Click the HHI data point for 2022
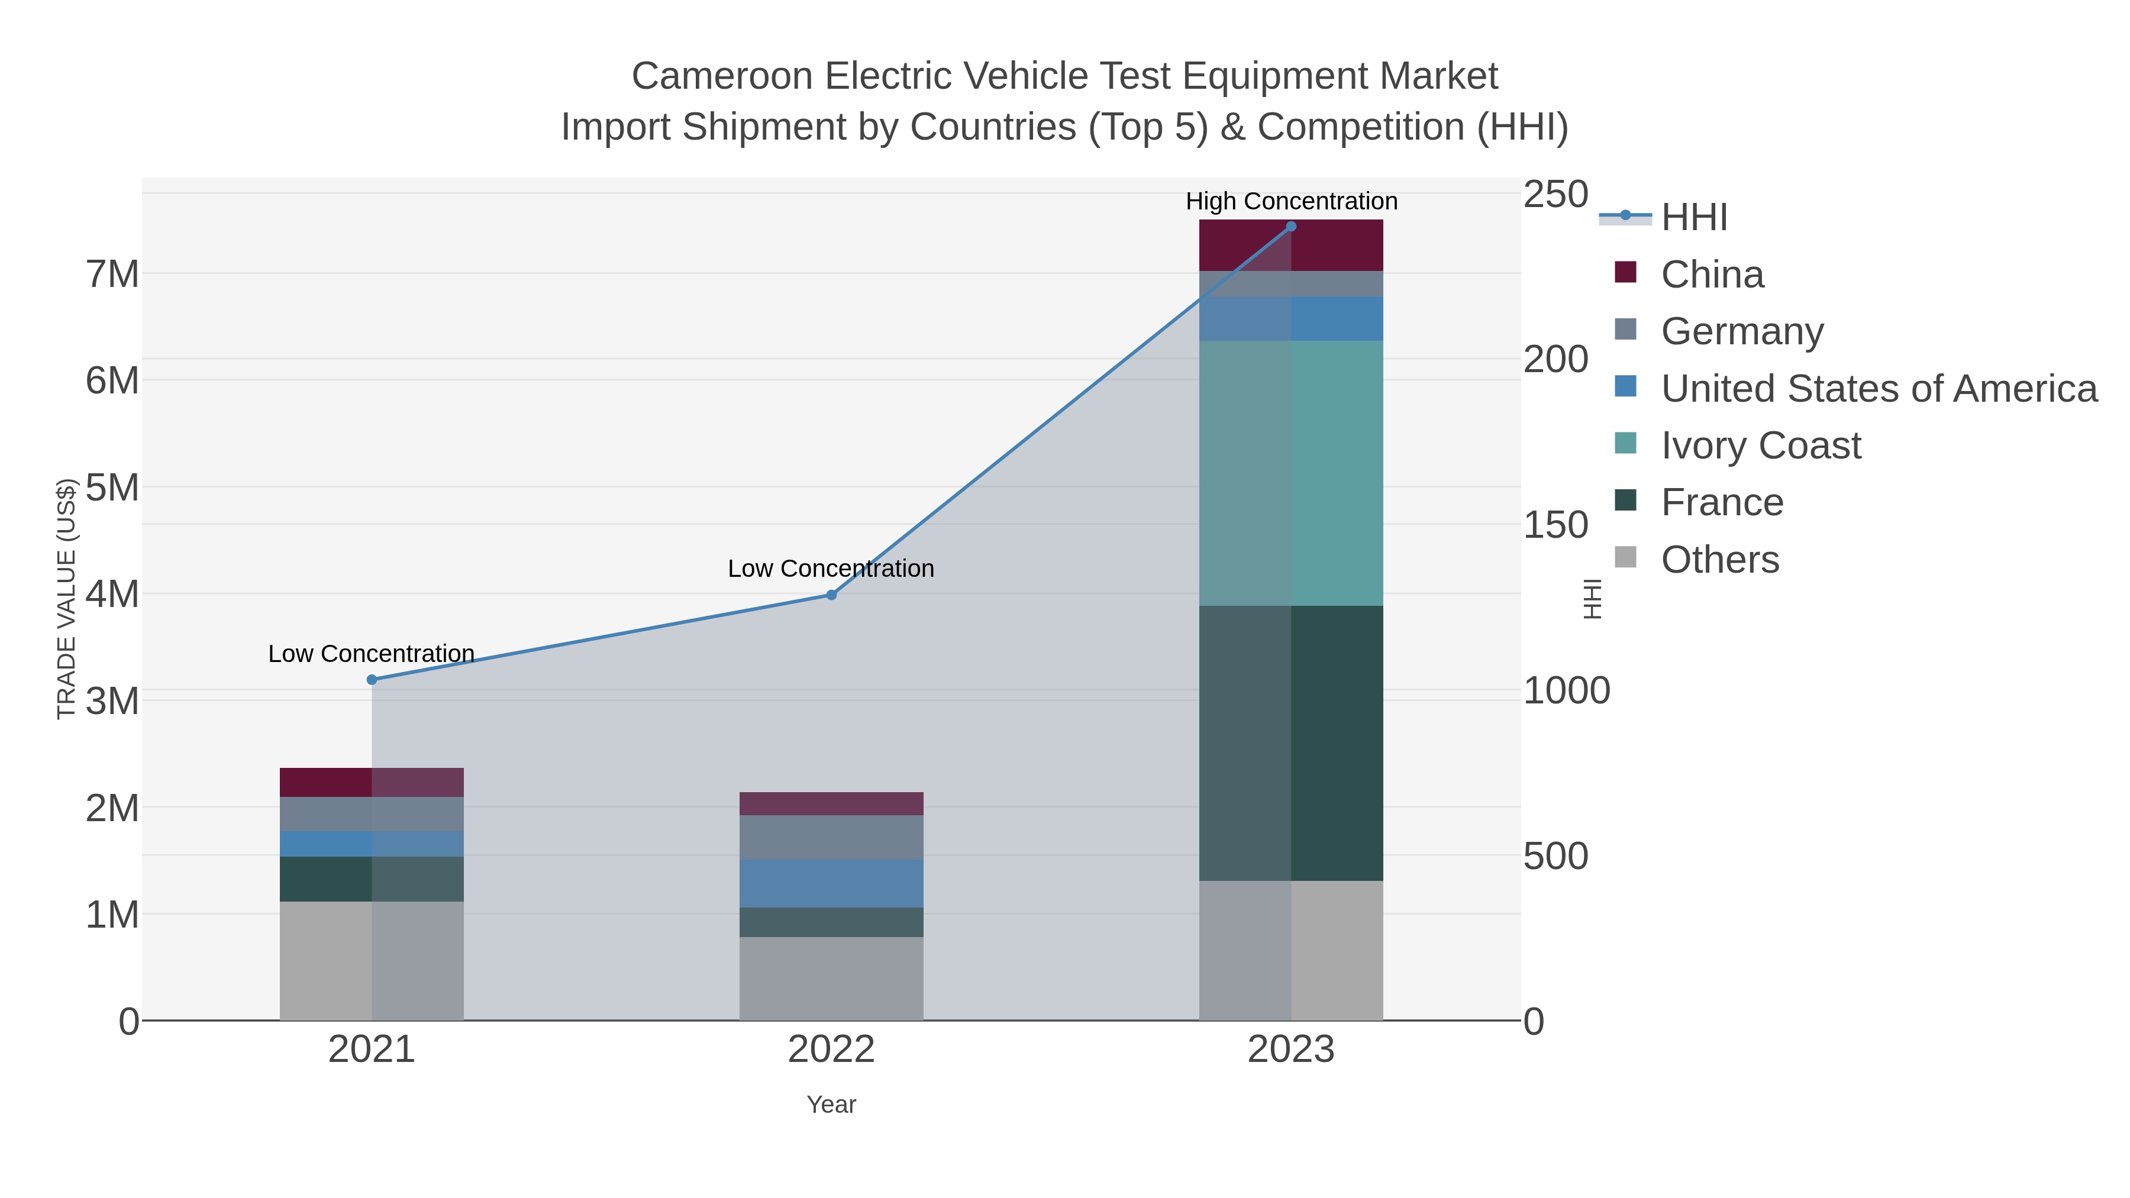[x=831, y=595]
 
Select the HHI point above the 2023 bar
[x=1291, y=227]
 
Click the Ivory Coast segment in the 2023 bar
[x=1291, y=473]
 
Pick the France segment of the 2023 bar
[x=1291, y=742]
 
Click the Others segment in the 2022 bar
[x=831, y=978]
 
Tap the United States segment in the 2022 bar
[x=831, y=883]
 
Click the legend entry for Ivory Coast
[x=1761, y=445]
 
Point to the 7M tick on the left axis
[x=112, y=275]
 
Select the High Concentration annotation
[x=1291, y=201]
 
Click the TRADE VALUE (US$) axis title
[x=66, y=599]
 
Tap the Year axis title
[x=831, y=1105]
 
